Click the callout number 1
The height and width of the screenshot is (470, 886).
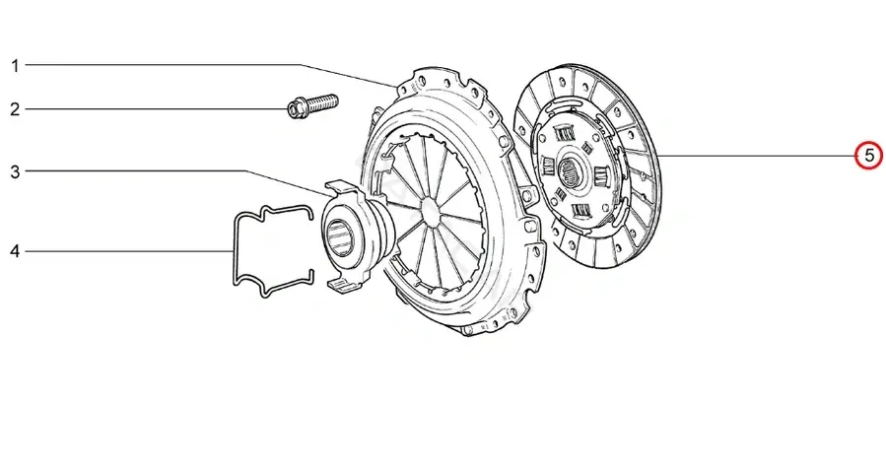(x=16, y=66)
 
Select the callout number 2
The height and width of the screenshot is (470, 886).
(x=15, y=109)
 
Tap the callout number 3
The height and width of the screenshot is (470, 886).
(x=15, y=171)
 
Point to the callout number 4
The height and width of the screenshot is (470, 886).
(x=15, y=251)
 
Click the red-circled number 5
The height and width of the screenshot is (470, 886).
(x=869, y=156)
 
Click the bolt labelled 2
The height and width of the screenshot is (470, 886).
(x=313, y=106)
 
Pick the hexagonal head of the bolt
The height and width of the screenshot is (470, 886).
(x=296, y=109)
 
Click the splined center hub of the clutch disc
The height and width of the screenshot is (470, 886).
(x=568, y=171)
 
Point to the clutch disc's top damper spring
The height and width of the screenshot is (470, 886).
(x=564, y=133)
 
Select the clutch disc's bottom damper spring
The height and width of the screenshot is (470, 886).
(x=581, y=212)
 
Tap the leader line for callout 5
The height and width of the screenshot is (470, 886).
(x=756, y=156)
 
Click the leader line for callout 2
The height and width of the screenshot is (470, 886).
(x=157, y=109)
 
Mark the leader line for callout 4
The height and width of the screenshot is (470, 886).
(x=129, y=251)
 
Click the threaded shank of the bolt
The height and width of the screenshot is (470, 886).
(x=322, y=102)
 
